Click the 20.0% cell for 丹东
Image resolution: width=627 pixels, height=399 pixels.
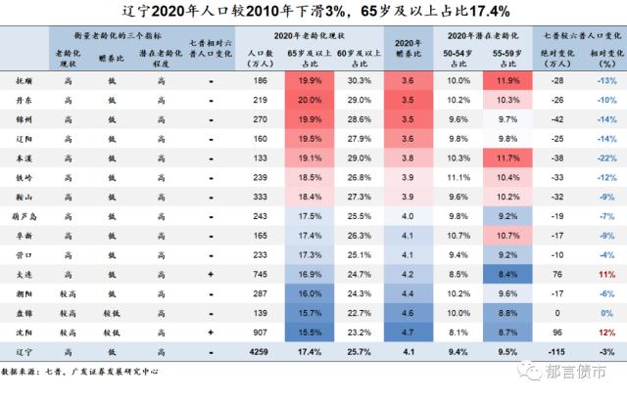(x=310, y=100)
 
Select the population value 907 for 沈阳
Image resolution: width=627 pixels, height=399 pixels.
(x=260, y=332)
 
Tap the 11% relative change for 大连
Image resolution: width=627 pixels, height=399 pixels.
(x=606, y=275)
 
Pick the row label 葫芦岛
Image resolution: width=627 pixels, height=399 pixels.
(x=24, y=217)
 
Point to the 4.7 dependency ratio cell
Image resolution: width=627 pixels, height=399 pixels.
(x=408, y=332)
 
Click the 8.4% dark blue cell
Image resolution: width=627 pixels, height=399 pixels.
(x=507, y=275)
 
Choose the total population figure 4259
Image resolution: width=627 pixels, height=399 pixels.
(x=259, y=352)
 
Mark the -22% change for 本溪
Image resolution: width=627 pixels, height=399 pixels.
(x=606, y=158)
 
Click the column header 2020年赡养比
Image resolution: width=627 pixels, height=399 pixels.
(x=409, y=48)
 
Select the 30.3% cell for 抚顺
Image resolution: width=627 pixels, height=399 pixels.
(x=360, y=81)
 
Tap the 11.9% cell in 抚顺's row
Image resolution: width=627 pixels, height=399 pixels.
(x=507, y=81)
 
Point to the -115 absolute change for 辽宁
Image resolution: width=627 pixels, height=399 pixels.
(x=556, y=352)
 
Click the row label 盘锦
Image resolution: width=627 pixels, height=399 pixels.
(x=24, y=313)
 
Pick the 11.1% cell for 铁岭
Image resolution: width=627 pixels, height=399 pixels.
(x=458, y=178)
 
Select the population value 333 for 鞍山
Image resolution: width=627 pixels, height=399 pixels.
(x=260, y=198)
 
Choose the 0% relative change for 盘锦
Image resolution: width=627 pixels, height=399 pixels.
(x=606, y=313)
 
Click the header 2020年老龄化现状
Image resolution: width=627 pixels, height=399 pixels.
(x=310, y=36)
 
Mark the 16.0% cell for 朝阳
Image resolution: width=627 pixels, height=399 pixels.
(x=310, y=293)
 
